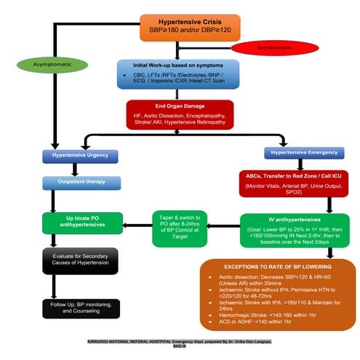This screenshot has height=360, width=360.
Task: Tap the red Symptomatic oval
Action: tap(265, 47)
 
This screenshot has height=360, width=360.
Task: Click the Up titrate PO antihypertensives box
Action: tap(80, 221)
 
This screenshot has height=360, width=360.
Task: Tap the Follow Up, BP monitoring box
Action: tap(80, 308)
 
